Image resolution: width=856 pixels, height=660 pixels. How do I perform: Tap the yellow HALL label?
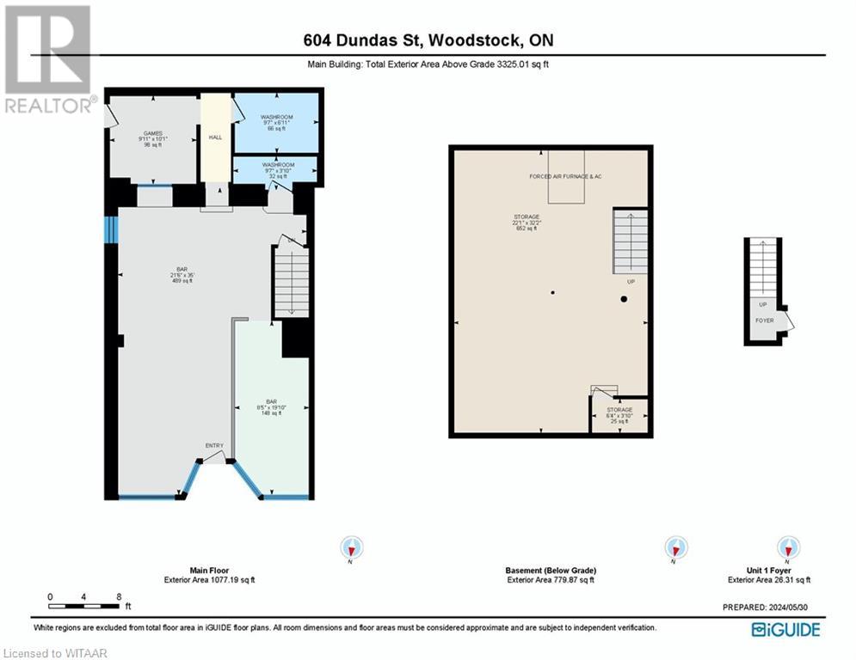[216, 136]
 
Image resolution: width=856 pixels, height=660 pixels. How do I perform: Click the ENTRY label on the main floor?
[214, 445]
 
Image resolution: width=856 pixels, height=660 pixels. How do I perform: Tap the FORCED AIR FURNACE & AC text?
[565, 176]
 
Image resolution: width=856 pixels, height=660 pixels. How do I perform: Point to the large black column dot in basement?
[624, 299]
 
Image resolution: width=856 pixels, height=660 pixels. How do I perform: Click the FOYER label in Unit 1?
[763, 320]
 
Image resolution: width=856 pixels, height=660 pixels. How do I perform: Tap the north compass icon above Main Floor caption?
[352, 547]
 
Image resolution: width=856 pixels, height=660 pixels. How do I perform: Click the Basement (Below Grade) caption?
[550, 571]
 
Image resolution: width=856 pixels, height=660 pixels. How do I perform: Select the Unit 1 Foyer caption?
[768, 571]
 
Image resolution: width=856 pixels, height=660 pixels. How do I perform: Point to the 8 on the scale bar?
[118, 596]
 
